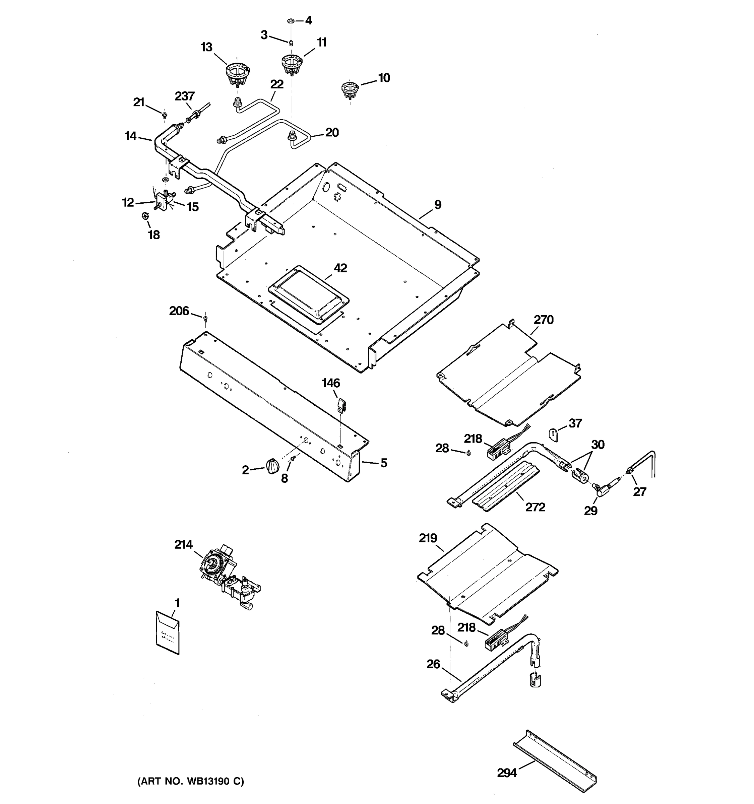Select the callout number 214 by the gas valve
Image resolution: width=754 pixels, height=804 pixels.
tap(183, 545)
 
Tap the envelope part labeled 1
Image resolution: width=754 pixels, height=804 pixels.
tap(168, 633)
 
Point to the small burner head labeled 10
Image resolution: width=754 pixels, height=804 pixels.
tap(350, 89)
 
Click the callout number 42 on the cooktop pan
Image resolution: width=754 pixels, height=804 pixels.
tap(340, 268)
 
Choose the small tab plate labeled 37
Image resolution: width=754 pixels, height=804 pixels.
tap(553, 434)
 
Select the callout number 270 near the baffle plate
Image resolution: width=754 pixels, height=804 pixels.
tap(543, 320)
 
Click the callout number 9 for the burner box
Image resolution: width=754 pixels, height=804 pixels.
tap(438, 205)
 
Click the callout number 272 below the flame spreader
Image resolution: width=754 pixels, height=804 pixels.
tap(535, 507)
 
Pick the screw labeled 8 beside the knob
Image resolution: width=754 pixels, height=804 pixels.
tap(293, 458)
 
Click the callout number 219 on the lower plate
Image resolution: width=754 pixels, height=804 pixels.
tap(428, 538)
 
